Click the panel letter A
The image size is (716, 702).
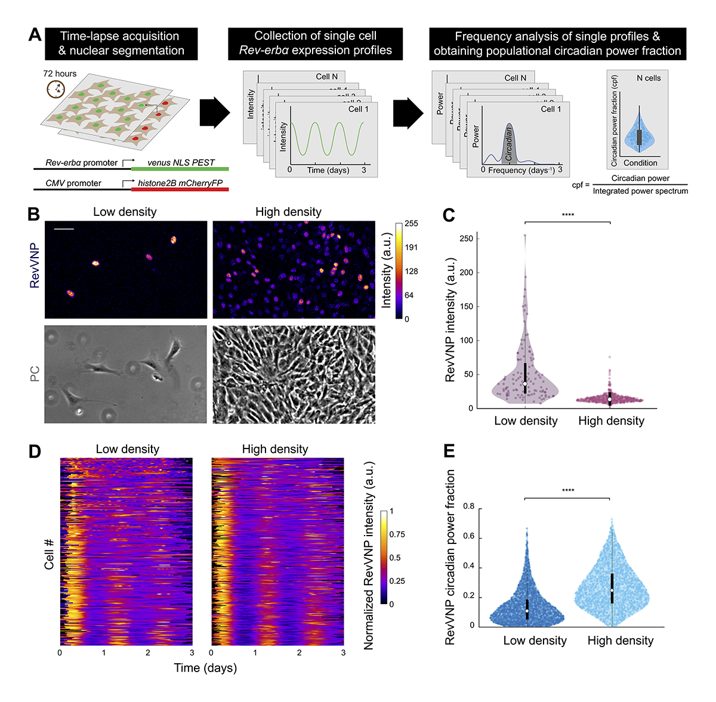click(x=35, y=35)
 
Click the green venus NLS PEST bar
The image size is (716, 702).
click(x=180, y=169)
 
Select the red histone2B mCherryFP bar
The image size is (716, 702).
click(x=180, y=189)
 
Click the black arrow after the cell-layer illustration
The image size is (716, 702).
click(x=214, y=112)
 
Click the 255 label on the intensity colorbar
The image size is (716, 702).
click(x=411, y=224)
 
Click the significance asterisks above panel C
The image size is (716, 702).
click(x=568, y=215)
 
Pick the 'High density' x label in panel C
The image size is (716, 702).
click(x=611, y=421)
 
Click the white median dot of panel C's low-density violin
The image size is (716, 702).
click(x=525, y=384)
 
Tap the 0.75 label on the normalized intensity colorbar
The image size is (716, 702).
click(x=397, y=534)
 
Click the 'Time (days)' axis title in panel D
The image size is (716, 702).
click(x=205, y=668)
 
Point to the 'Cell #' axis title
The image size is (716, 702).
click(x=50, y=553)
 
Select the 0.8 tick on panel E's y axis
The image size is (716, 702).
click(x=468, y=507)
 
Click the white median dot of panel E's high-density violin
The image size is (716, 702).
click(x=612, y=590)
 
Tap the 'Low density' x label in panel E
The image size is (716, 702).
click(x=535, y=641)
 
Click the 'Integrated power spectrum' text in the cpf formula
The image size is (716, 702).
click(x=640, y=191)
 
